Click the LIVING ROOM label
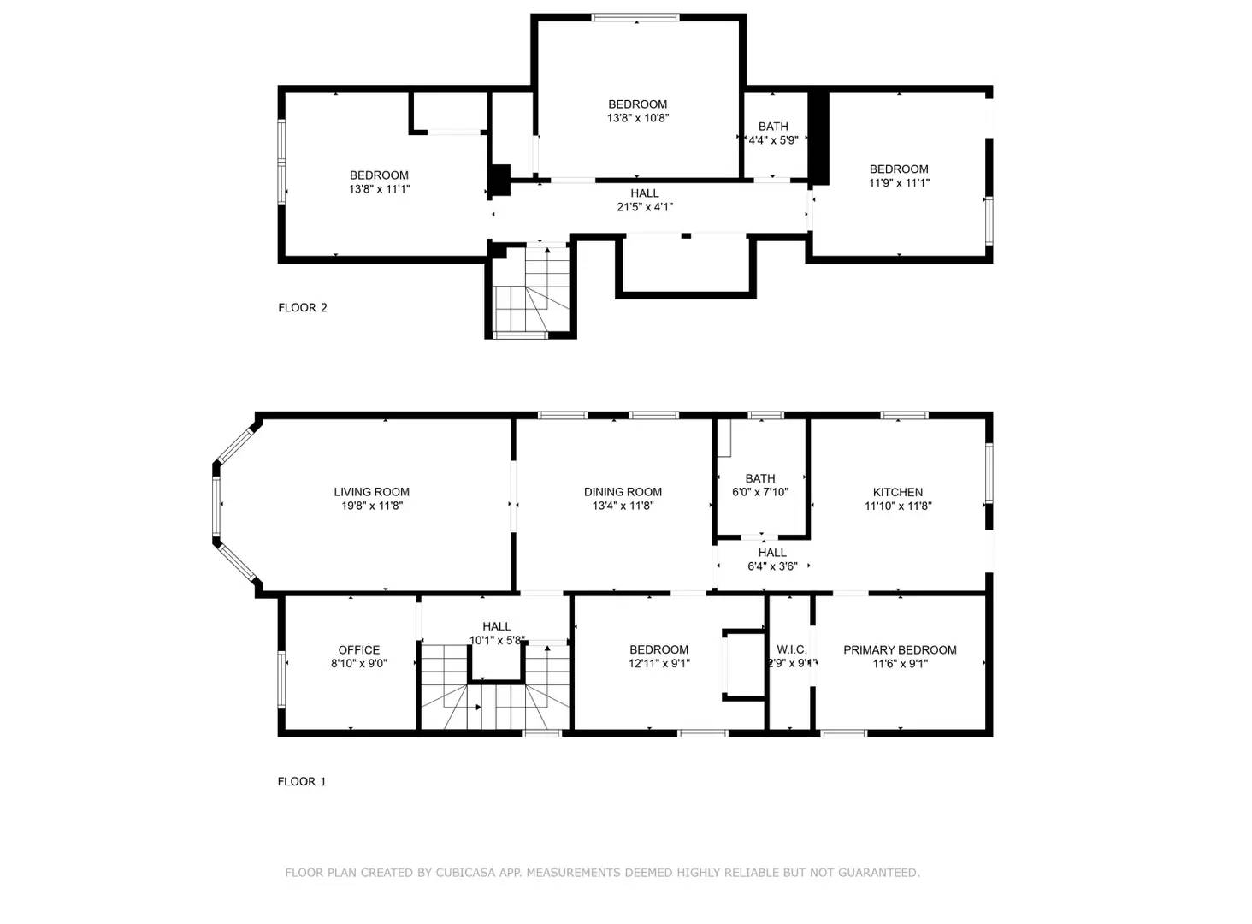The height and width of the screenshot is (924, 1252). click(371, 492)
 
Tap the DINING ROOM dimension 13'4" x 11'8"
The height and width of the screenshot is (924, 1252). click(623, 506)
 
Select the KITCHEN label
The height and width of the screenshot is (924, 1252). click(897, 492)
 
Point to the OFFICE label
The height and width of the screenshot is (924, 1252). click(358, 649)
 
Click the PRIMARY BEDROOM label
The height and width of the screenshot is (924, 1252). click(900, 649)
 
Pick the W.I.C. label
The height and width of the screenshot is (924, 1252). click(791, 649)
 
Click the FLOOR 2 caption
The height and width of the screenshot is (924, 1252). click(303, 307)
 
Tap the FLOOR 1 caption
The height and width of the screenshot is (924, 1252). click(302, 781)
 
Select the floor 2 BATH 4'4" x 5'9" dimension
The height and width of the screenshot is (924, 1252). click(773, 140)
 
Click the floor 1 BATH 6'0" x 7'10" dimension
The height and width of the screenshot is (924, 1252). click(759, 492)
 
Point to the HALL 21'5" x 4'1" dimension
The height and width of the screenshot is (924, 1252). click(645, 207)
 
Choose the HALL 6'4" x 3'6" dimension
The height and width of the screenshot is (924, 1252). click(771, 566)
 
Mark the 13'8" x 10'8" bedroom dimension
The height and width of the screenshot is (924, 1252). click(638, 118)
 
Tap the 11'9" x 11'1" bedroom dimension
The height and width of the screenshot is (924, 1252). click(899, 182)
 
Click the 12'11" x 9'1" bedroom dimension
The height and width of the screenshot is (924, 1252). click(658, 663)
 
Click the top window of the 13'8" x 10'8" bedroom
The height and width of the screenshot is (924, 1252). click(635, 17)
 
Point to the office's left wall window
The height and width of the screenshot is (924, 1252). click(281, 679)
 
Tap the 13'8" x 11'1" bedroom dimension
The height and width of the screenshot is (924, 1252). click(379, 189)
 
